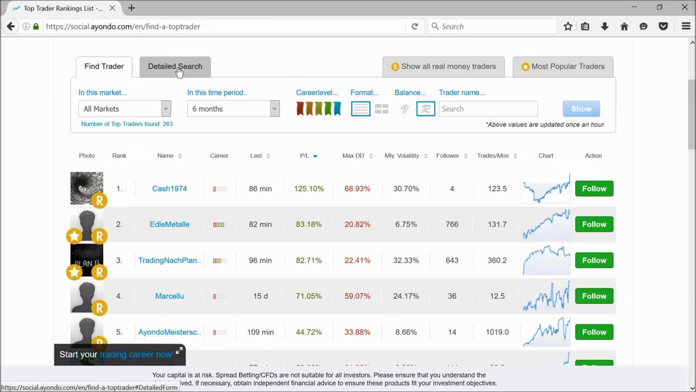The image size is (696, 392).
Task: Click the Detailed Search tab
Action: (175, 66)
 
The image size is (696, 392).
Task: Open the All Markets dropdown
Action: (125, 109)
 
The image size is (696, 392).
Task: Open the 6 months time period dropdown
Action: (233, 109)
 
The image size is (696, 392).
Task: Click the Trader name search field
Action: (488, 109)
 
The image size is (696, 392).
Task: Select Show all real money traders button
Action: (443, 66)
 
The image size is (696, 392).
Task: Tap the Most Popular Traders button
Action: (563, 66)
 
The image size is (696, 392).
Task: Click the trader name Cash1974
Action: (170, 188)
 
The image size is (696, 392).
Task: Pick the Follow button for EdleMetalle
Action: (594, 224)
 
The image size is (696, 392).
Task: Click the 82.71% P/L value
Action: (309, 260)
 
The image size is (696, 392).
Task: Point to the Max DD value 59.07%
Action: (357, 296)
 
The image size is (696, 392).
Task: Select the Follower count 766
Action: (452, 224)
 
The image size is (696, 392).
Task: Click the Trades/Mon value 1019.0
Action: (497, 332)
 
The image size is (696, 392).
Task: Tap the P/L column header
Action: (304, 156)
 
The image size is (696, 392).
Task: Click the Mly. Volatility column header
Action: (402, 156)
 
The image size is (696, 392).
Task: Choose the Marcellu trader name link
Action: (170, 296)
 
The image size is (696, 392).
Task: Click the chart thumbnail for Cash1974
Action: (546, 188)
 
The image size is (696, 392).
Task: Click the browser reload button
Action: (414, 26)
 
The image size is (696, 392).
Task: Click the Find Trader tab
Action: (104, 66)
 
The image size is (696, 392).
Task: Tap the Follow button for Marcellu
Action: (594, 296)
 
